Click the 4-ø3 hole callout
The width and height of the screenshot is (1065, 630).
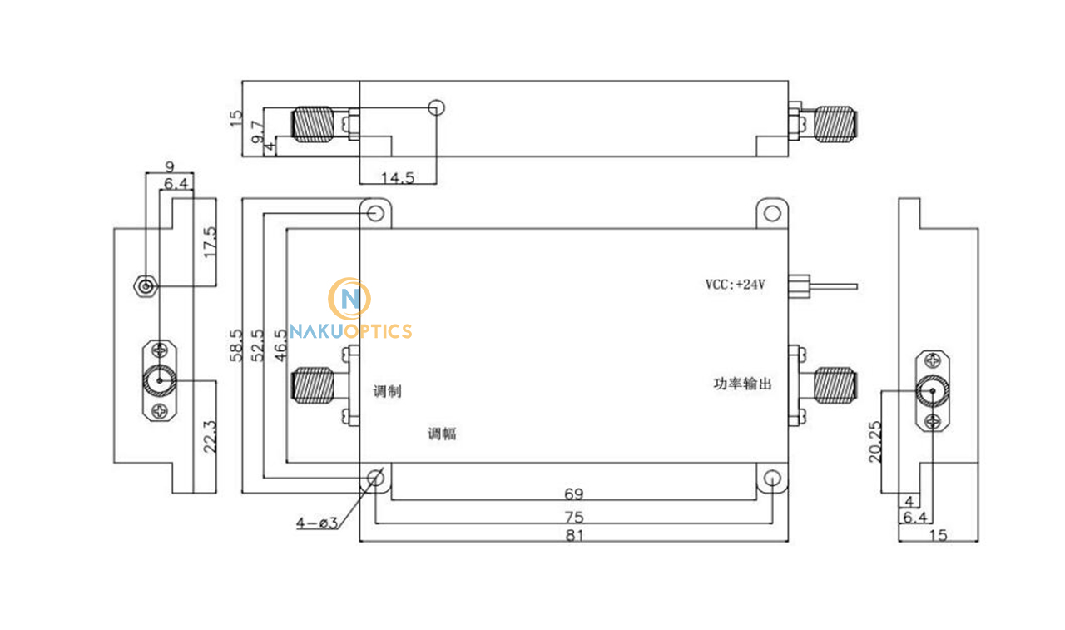point(315,523)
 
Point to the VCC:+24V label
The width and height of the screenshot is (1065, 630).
point(735,285)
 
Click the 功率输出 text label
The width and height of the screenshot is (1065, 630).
point(743,384)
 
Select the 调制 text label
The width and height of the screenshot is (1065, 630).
point(388,391)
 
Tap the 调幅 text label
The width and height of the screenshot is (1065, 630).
point(442,434)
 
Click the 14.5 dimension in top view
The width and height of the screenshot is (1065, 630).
point(398,177)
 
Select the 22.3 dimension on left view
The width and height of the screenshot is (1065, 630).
point(210,435)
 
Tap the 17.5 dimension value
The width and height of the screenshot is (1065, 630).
point(210,242)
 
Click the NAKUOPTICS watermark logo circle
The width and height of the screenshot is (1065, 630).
point(349,298)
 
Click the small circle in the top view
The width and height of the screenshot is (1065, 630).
point(436,107)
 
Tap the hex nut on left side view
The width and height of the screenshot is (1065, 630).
point(146,287)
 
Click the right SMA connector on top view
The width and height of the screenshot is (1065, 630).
point(835,124)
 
